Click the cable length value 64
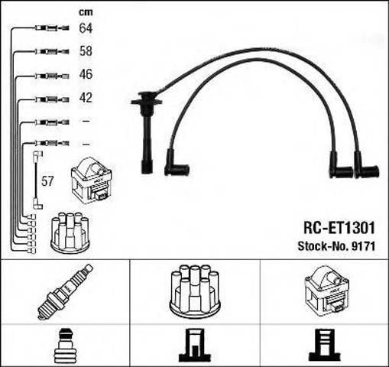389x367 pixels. click(86, 28)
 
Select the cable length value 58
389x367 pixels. click(86, 51)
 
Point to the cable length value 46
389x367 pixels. click(86, 74)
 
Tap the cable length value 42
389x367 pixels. click(86, 98)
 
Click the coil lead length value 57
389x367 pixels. click(47, 181)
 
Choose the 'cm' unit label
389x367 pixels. click(86, 12)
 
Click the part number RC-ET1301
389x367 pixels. click(339, 228)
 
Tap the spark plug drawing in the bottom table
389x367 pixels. click(65, 291)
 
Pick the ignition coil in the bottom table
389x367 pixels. click(327, 291)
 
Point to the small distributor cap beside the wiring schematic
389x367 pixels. click(70, 233)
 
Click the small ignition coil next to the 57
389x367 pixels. click(92, 180)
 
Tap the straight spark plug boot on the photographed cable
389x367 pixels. click(147, 132)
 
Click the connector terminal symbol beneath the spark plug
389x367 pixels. click(63, 346)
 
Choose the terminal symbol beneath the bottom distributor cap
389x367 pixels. click(195, 346)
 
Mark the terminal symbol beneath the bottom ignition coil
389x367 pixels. click(325, 346)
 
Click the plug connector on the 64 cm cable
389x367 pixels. click(52, 28)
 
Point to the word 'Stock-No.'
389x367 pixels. click(323, 246)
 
